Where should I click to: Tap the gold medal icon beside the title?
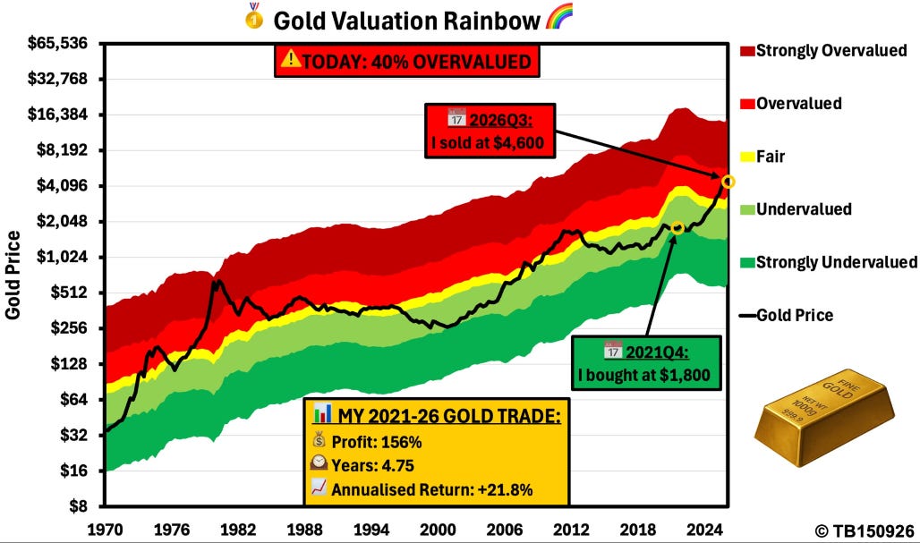tap(254, 16)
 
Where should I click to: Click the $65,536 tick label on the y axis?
tap(57, 43)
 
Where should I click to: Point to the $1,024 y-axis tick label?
tap(62, 257)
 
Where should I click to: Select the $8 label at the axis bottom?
tap(78, 506)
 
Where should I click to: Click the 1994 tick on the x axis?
tap(371, 530)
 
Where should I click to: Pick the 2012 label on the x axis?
tap(572, 530)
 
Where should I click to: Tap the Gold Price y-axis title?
tap(13, 275)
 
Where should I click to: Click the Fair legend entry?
tap(762, 157)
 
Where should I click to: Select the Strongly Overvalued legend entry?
tap(823, 50)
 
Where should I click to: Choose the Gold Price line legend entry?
tap(787, 316)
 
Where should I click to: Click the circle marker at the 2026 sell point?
tap(728, 182)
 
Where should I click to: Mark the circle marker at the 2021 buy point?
tap(677, 227)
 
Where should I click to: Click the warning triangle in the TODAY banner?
tap(291, 59)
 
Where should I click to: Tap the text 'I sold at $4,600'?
tap(488, 142)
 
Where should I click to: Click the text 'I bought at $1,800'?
tap(643, 375)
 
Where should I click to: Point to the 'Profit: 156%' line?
tap(367, 442)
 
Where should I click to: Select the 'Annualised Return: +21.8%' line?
tap(422, 489)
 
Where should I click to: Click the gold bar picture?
tap(824, 418)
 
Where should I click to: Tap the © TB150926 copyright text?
tap(865, 531)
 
